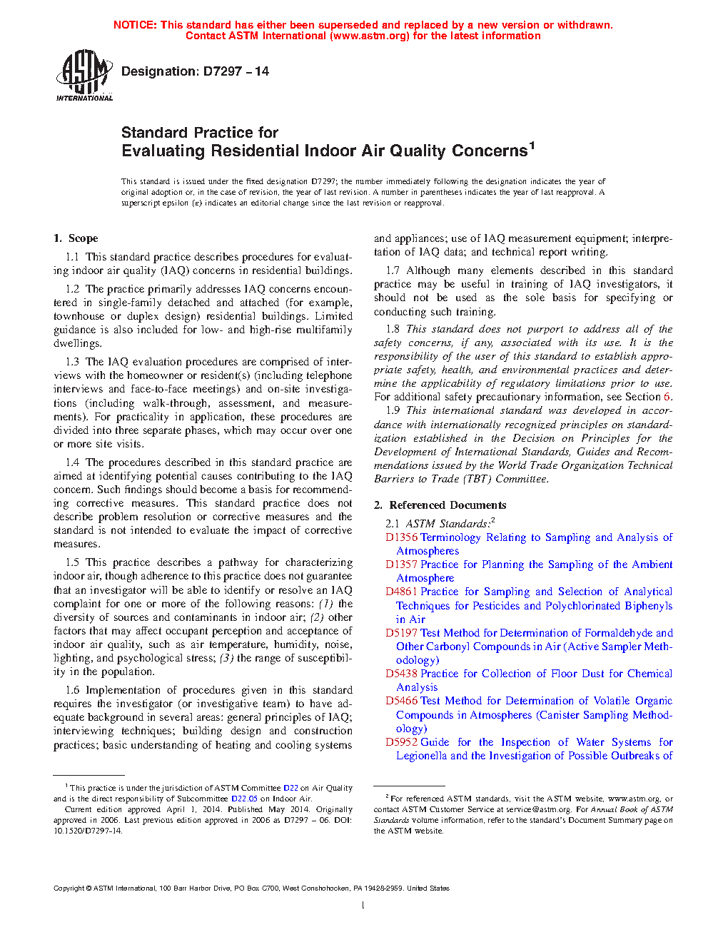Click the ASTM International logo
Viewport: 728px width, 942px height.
[84, 75]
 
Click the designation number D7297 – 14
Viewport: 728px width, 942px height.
[236, 71]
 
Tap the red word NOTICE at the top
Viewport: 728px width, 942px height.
[135, 25]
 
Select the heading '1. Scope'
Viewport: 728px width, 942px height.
[76, 238]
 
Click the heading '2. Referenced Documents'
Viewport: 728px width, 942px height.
[440, 505]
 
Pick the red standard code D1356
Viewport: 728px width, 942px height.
[401, 537]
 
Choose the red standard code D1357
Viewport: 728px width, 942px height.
[401, 564]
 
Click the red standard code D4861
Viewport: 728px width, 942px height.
[401, 592]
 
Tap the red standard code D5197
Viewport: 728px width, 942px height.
[401, 633]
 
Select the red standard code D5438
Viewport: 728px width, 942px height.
[401, 674]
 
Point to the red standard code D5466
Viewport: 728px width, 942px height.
[401, 701]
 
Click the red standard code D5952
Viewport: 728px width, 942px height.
[401, 742]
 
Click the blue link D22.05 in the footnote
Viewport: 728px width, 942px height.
[244, 799]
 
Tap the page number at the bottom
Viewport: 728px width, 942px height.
[363, 906]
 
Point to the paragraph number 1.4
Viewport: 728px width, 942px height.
[72, 462]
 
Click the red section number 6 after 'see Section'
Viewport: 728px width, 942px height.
[667, 397]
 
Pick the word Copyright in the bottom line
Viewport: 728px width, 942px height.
[69, 888]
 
